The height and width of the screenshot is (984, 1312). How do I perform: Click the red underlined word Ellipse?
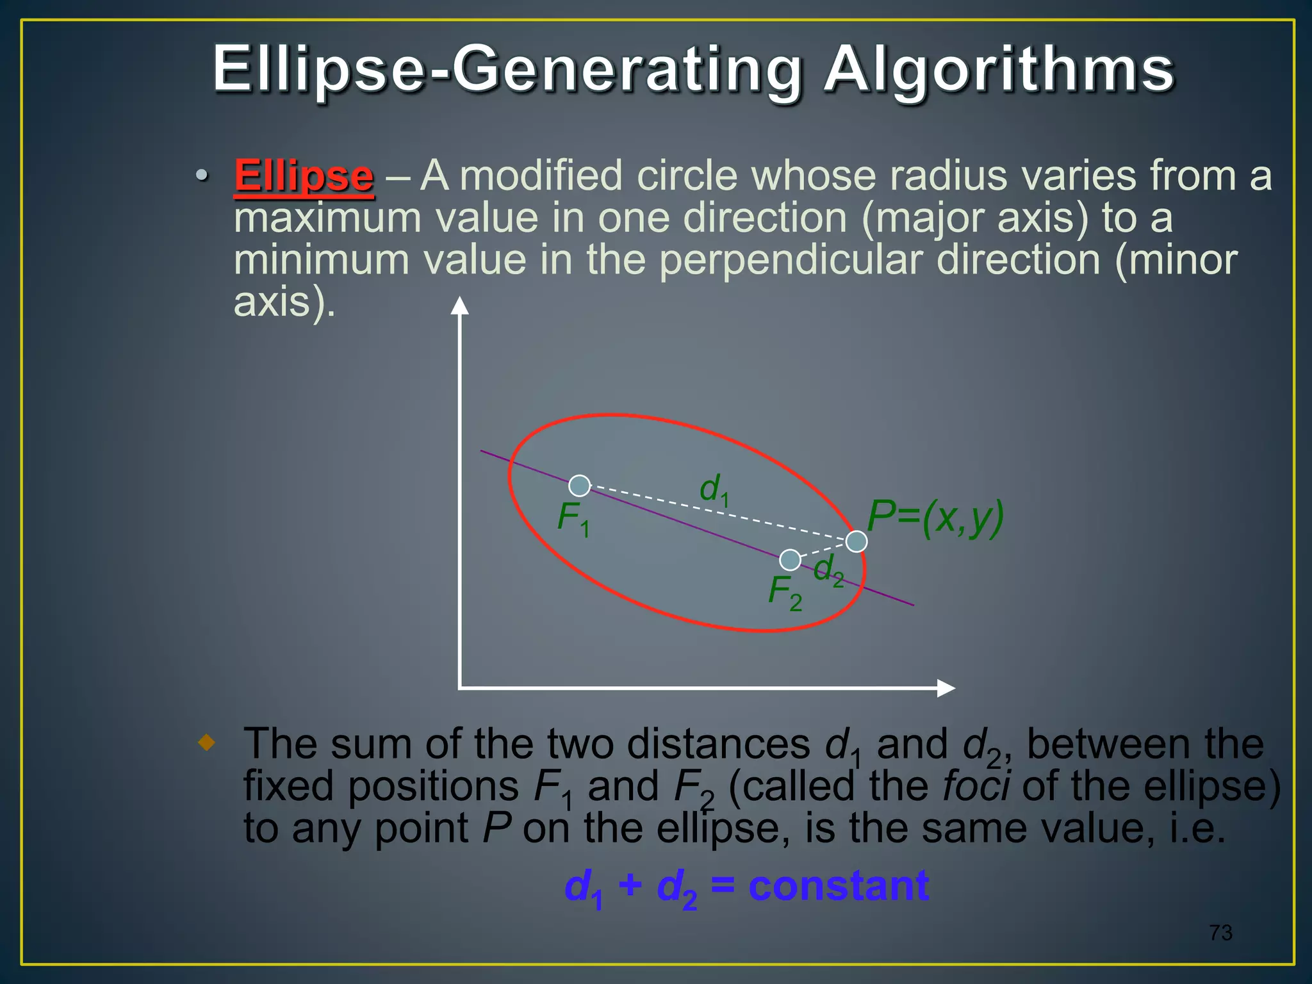[304, 176]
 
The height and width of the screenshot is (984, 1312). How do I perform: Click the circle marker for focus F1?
[579, 486]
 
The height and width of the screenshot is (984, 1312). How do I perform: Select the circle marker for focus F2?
[790, 560]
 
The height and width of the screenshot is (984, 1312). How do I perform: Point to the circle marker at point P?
[857, 541]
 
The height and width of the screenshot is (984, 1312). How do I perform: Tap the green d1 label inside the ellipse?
[713, 490]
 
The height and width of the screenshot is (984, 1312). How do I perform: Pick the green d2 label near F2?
[828, 570]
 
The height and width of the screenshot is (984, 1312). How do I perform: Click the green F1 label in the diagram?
[573, 518]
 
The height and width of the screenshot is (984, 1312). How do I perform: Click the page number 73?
[1220, 933]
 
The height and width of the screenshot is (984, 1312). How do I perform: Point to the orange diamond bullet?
[206, 743]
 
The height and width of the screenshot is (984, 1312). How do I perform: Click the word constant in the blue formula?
[839, 886]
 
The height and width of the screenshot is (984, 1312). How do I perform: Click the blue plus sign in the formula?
[630, 886]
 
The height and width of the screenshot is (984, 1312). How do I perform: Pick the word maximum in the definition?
[327, 218]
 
